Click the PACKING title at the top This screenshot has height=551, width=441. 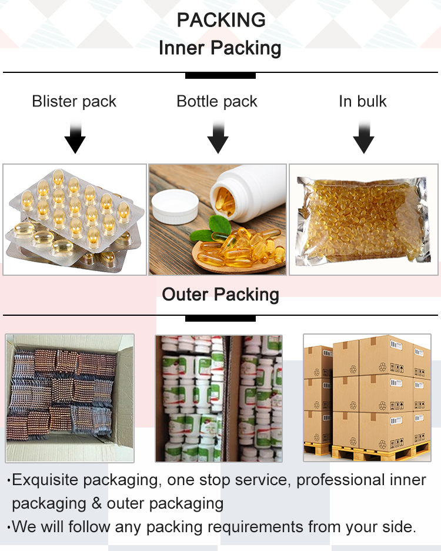pos(220,20)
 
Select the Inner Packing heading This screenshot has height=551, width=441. pos(220,48)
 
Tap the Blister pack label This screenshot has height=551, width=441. pos(74,101)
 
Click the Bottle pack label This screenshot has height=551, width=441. pos(217,101)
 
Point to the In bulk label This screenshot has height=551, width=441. pos(363,101)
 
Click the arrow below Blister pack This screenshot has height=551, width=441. pos(75,139)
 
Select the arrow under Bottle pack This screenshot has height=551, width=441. pos(218,139)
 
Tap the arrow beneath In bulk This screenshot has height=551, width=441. pos(363,139)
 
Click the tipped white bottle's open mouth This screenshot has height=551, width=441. pos(228,198)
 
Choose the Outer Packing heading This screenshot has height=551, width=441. pos(220,294)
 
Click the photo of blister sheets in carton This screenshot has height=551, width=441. pos(70,398)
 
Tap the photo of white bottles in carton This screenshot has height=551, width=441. pos(218,398)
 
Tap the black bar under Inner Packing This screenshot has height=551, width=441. pos(220,75)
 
